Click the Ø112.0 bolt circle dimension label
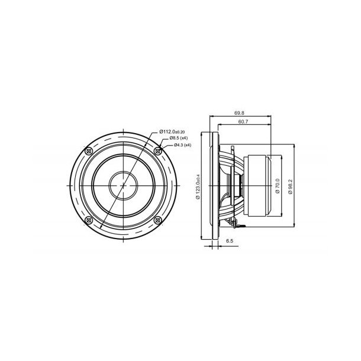(173, 131)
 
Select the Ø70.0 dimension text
(277, 185)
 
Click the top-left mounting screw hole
(89, 151)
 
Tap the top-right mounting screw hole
(157, 151)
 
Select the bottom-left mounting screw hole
(89, 220)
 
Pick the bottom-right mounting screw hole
(157, 220)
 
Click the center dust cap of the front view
(123, 185)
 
